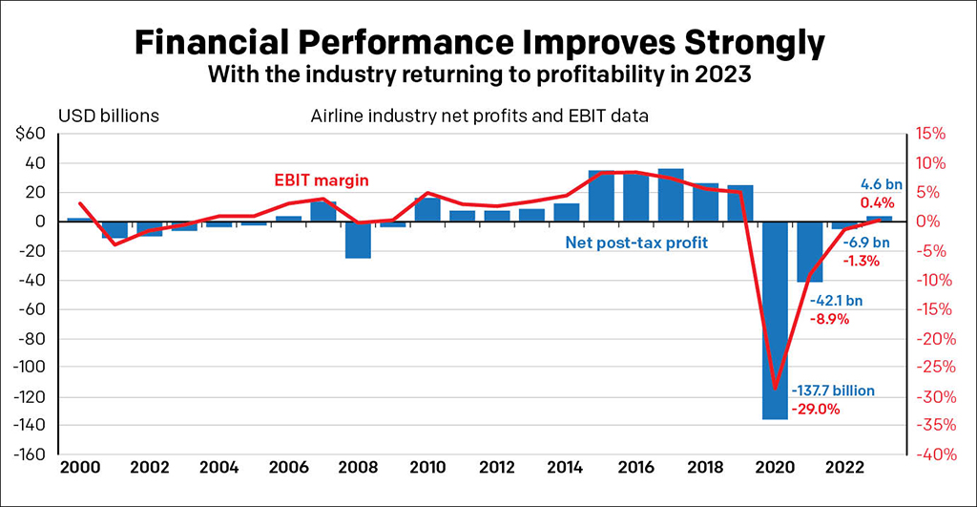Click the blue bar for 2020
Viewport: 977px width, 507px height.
775,320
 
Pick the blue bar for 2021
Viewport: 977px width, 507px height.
810,251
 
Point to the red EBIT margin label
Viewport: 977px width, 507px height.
323,180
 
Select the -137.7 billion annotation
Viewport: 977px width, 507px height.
833,391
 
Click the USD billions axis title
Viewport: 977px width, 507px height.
109,116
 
